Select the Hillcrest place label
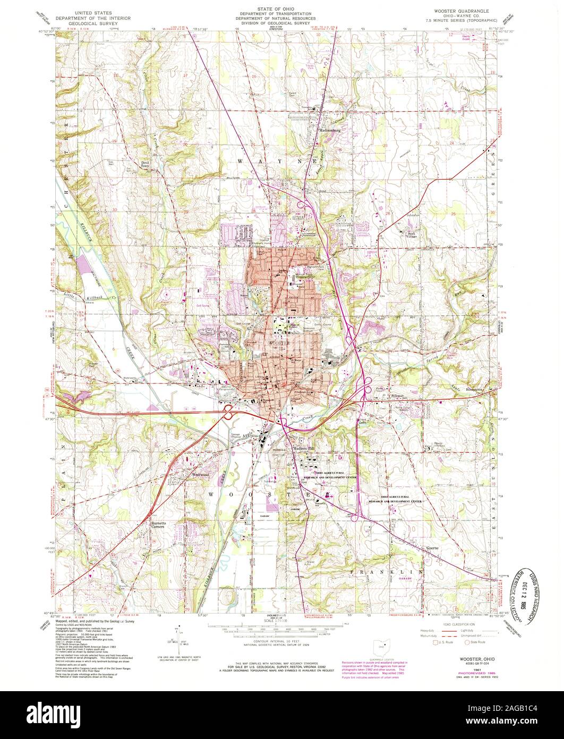[x=397, y=395]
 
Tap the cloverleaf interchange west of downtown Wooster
[x=228, y=412]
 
